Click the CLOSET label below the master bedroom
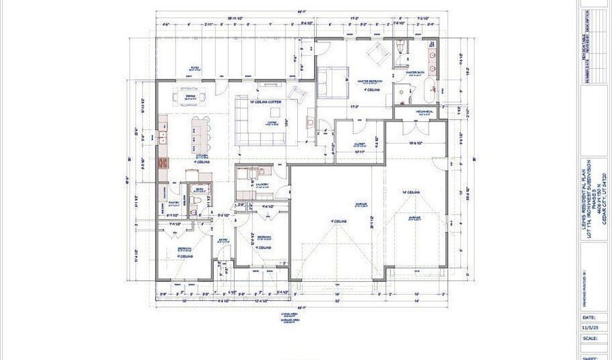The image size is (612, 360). [x=360, y=144]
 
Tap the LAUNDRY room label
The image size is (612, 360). [x=261, y=184]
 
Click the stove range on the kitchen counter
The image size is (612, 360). [x=163, y=163]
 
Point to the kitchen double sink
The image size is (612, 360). [x=163, y=139]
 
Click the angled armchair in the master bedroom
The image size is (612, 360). [x=375, y=52]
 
